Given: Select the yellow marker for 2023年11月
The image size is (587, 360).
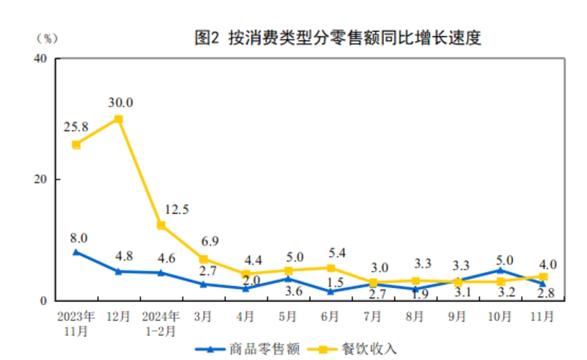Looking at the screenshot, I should [x=76, y=144].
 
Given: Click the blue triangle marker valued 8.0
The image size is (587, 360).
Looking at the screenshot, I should [x=76, y=251].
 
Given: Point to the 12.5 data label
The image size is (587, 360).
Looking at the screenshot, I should [x=176, y=209].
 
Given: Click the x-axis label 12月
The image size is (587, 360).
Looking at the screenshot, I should [x=118, y=316].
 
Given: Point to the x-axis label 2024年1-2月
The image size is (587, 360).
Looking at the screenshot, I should [x=161, y=323].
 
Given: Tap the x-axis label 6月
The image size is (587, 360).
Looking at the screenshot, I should [x=330, y=316].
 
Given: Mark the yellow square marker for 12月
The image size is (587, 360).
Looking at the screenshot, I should [x=118, y=119].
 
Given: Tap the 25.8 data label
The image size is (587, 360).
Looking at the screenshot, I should [x=76, y=127].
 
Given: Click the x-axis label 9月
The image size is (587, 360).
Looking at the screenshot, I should [x=458, y=316].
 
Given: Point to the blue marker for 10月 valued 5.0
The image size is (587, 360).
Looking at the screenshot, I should [x=500, y=271].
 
